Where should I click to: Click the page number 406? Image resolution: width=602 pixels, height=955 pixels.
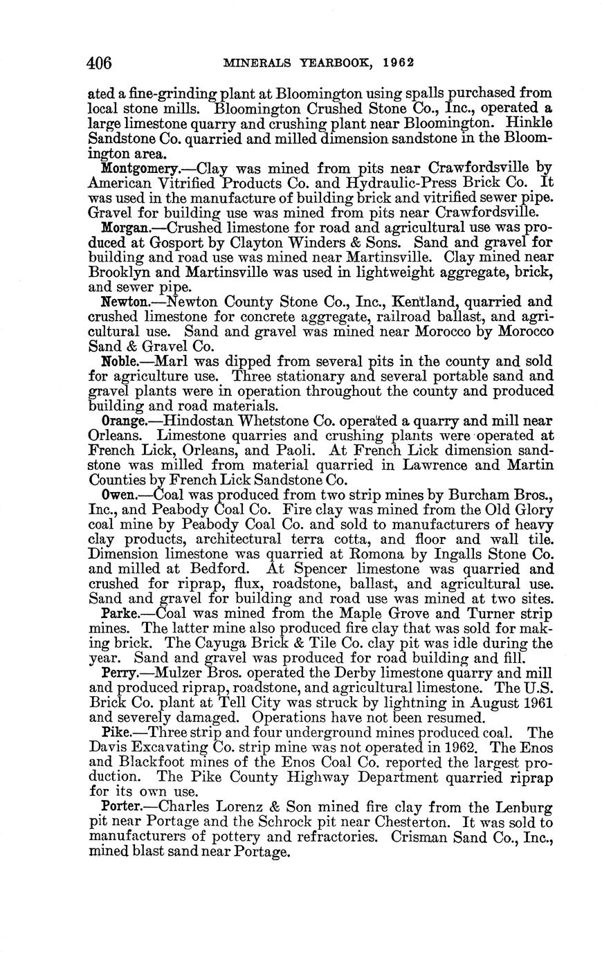(99, 63)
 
